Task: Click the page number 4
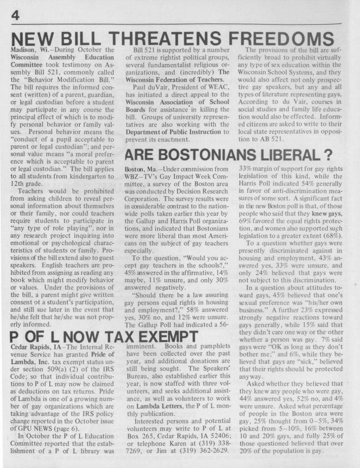[x=15, y=14]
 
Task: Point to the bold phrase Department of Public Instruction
[x=172, y=132]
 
